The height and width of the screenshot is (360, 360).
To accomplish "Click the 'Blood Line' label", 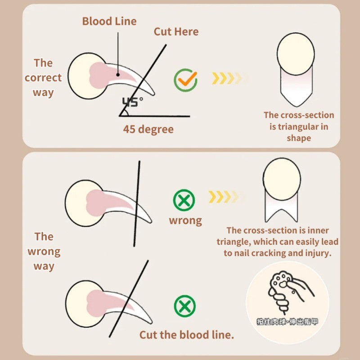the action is pos(109,21).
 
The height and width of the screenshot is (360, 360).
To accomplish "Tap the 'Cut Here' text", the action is pos(176,31).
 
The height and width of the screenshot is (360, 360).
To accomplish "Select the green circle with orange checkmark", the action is pos(185,80).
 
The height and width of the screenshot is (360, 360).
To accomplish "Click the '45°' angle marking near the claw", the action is pos(132,102).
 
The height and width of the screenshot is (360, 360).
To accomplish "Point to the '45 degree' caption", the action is pos(148,129).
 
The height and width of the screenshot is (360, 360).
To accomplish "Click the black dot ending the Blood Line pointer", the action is pos(118,75).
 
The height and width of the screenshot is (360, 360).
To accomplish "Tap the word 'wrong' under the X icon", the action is pos(185,220).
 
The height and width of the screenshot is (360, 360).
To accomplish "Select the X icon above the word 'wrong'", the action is pos(184,200).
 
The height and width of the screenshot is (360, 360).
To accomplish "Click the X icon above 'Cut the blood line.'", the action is pos(185,306).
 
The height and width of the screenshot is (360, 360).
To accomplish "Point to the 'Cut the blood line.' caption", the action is pos(187,335).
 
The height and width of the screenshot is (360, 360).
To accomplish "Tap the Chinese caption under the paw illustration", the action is pos(287,322).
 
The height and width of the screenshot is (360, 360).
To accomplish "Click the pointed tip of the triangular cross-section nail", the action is pos(297,106).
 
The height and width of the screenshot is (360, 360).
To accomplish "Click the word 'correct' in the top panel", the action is pos(43,78).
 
